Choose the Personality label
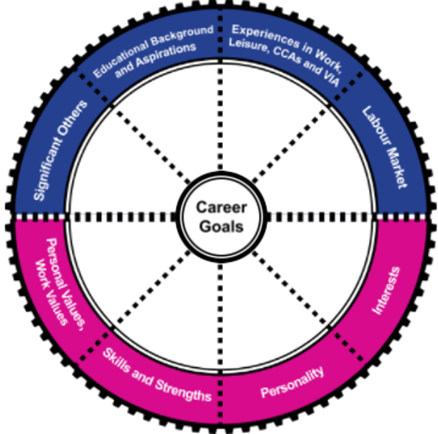[291, 381]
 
